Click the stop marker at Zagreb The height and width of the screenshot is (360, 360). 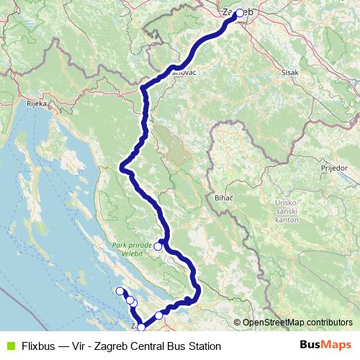pyautogui.click(x=239, y=12)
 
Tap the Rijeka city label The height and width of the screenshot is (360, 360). pyautogui.click(x=36, y=104)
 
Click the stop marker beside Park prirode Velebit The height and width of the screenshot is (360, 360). pyautogui.click(x=158, y=246)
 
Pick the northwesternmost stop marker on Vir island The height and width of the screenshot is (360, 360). pyautogui.click(x=120, y=291)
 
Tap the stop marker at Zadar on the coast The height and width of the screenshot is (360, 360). pyautogui.click(x=141, y=328)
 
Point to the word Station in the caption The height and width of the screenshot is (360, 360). pyautogui.click(x=204, y=346)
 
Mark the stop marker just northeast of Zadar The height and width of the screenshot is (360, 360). pyautogui.click(x=159, y=315)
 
